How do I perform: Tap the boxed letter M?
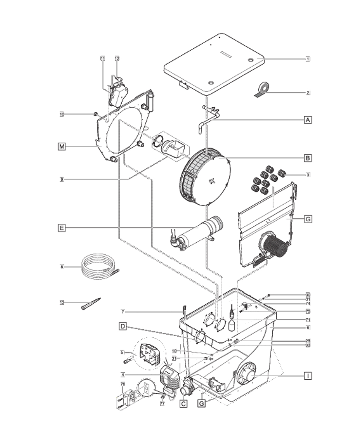coord(61,146)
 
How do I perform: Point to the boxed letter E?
coord(61,228)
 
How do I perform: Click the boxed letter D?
coord(123,326)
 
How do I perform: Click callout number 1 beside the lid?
coord(307,59)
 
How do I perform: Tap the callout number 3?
coord(308,175)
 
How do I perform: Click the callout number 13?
coord(62,303)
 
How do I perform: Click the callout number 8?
coord(61,267)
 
